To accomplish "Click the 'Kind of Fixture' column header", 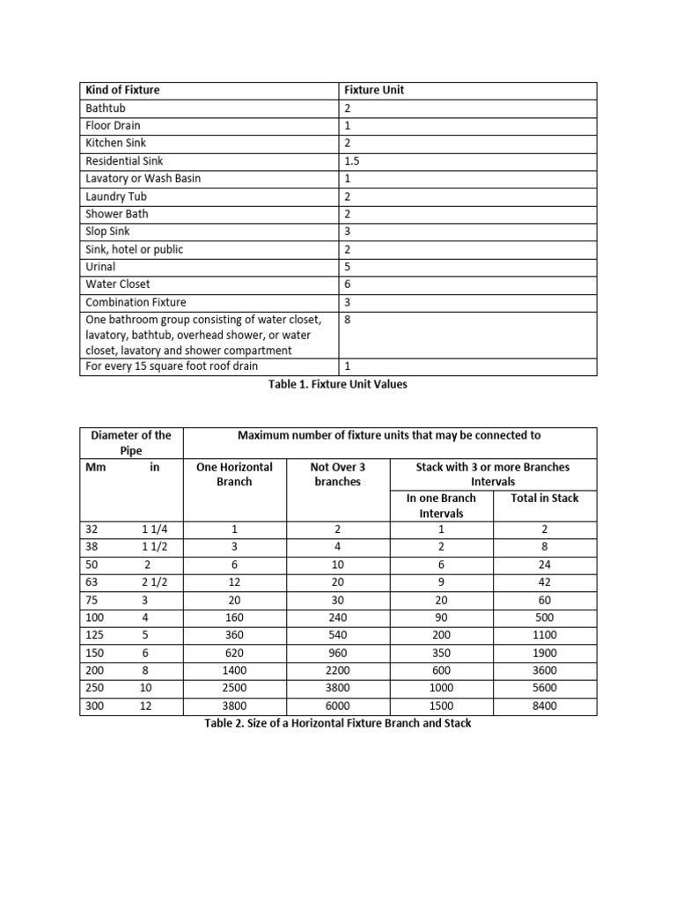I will pyautogui.click(x=122, y=90).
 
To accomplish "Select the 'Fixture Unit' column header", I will pyautogui.click(x=374, y=90).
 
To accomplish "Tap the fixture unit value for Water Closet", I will pyautogui.click(x=348, y=284).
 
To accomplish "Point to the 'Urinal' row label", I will pyautogui.click(x=100, y=266).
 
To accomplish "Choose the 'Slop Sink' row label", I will pyautogui.click(x=108, y=231).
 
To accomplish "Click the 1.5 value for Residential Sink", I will pyautogui.click(x=352, y=160).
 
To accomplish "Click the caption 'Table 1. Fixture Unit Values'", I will pyautogui.click(x=338, y=384).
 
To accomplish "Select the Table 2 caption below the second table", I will pyautogui.click(x=337, y=723).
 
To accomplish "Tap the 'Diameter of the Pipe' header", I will pyautogui.click(x=131, y=442).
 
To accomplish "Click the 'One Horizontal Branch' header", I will pyautogui.click(x=234, y=474).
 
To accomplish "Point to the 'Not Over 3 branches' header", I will pyautogui.click(x=337, y=474).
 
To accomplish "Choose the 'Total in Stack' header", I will pyautogui.click(x=544, y=498).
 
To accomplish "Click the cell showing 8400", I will pyautogui.click(x=544, y=706).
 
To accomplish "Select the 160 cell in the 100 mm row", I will pyautogui.click(x=234, y=617).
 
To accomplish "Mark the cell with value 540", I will pyautogui.click(x=337, y=635).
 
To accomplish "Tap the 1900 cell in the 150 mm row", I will pyautogui.click(x=544, y=653).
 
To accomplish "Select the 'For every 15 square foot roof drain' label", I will pyautogui.click(x=172, y=366).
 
